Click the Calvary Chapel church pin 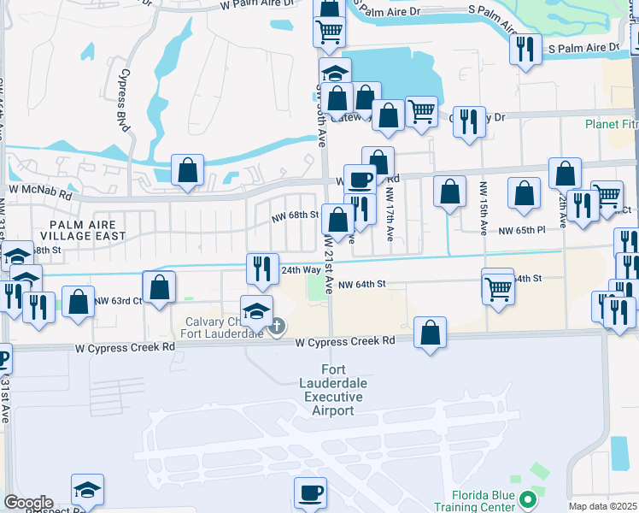278,326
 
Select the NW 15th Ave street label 484,205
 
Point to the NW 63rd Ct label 118,300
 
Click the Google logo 27,503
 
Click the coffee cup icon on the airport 310,492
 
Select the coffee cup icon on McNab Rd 360,179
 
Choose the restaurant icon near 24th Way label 262,268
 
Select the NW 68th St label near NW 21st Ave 295,215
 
